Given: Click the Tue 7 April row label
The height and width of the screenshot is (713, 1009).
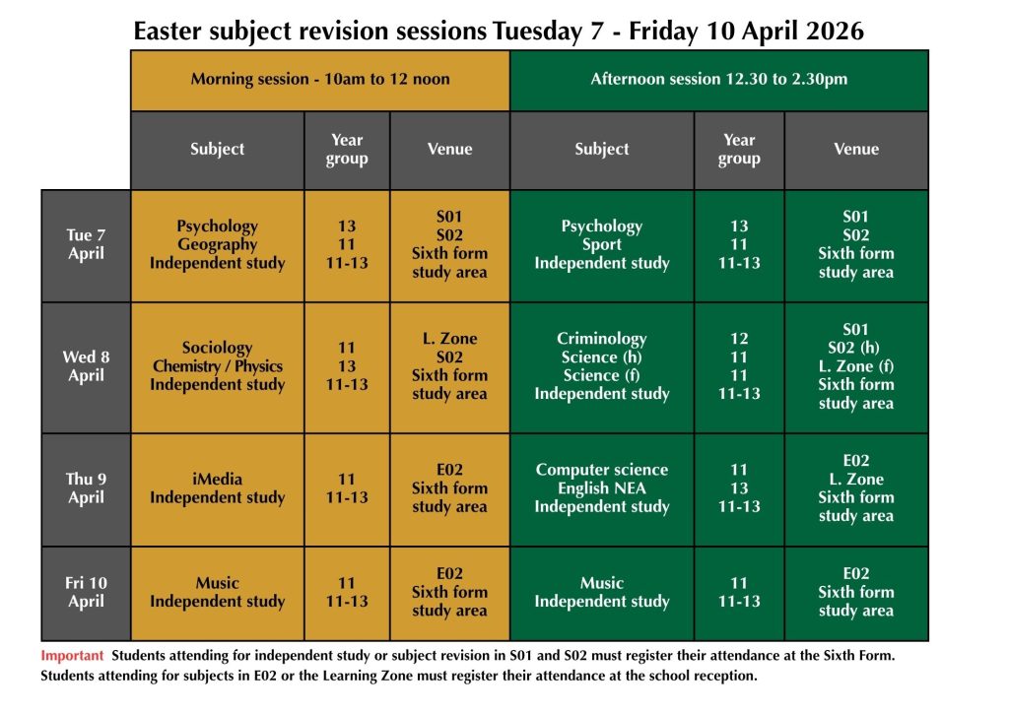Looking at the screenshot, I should coord(86,244).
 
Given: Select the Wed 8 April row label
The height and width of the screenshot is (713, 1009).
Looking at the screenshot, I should coord(86,366).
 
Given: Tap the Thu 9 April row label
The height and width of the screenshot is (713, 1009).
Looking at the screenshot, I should coord(86,488).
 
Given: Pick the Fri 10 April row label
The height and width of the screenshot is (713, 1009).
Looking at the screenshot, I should coord(86,592).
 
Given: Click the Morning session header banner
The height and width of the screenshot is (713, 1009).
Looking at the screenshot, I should coord(320,79).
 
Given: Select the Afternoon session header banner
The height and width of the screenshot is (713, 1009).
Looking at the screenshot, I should coord(718,79).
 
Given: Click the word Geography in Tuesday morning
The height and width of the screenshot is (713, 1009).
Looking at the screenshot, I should coord(217,244).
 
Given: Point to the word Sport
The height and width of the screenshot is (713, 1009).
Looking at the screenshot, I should coord(601,244).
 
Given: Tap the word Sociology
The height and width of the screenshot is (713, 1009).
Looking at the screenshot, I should coord(217,348).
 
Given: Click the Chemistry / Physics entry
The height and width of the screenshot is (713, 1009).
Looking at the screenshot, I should coord(217,366).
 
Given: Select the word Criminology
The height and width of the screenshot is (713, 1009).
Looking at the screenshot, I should coord(601,339).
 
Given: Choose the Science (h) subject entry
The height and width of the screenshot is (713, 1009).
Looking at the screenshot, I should coord(601,357).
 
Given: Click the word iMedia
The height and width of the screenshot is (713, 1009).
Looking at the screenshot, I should coord(217,480).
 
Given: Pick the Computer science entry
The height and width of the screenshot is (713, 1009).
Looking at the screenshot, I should coord(601,470).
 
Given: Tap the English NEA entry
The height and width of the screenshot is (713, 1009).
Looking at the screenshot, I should coord(601,488).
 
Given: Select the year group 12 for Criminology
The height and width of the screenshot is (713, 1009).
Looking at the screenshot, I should coord(739,339).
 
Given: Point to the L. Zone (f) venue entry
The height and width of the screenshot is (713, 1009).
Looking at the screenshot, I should coord(855,366).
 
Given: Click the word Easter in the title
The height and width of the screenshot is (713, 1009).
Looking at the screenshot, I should coord(165,32).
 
